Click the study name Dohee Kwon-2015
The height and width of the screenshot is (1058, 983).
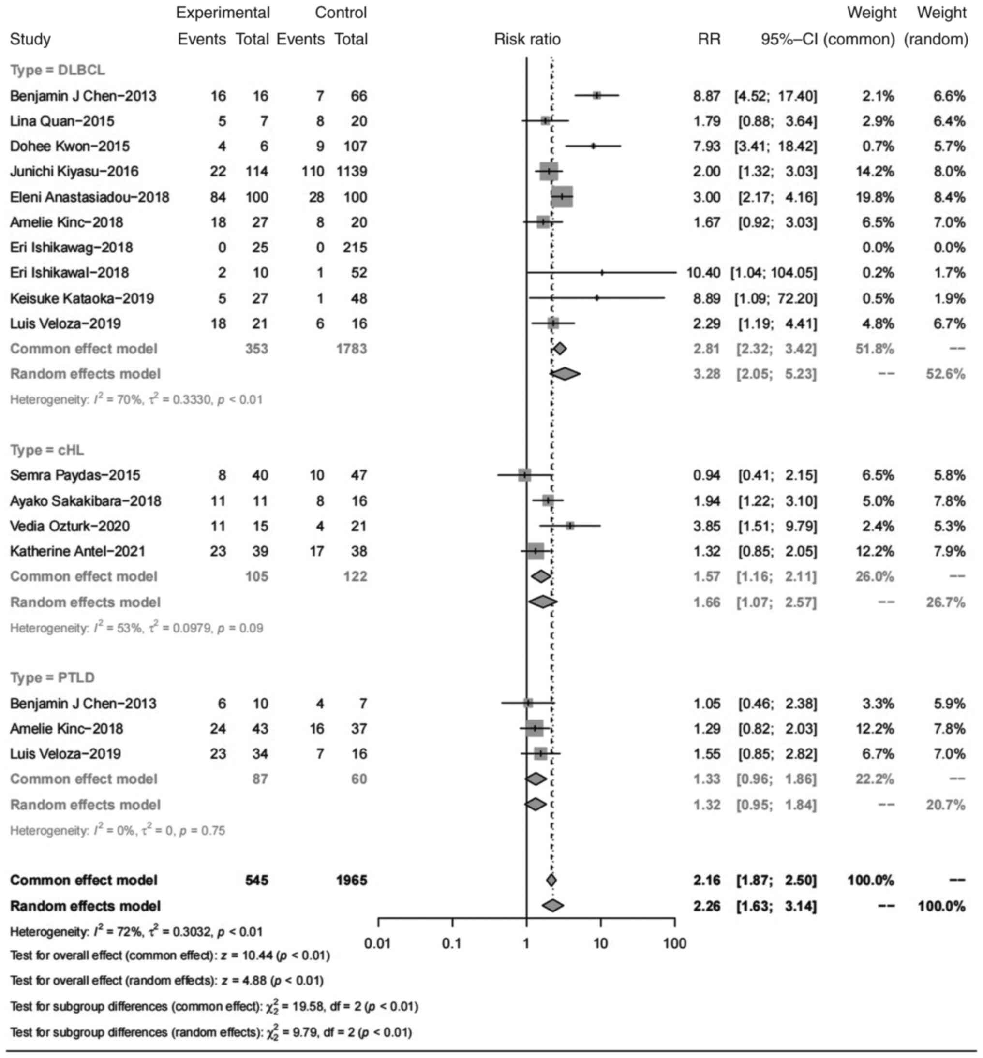(x=70, y=146)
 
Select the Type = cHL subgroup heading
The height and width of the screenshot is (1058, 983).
(x=47, y=450)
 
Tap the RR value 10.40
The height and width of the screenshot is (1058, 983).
(x=703, y=273)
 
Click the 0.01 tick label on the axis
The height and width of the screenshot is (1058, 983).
(x=377, y=943)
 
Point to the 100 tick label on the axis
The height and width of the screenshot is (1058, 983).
(x=674, y=943)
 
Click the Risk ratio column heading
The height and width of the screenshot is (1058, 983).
(x=527, y=39)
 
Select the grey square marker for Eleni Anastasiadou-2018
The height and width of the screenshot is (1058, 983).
(x=562, y=197)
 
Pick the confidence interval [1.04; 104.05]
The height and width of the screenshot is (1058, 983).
(x=774, y=273)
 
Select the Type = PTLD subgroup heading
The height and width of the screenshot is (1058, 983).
(x=52, y=677)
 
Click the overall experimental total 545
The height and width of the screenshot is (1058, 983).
(x=256, y=880)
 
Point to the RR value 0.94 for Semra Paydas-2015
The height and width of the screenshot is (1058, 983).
(x=706, y=475)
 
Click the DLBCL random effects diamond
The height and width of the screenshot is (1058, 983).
(x=565, y=374)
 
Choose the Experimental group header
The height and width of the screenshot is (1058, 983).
(x=223, y=13)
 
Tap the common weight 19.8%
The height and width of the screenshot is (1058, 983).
(x=878, y=197)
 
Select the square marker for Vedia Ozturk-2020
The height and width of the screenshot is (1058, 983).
(x=570, y=526)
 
